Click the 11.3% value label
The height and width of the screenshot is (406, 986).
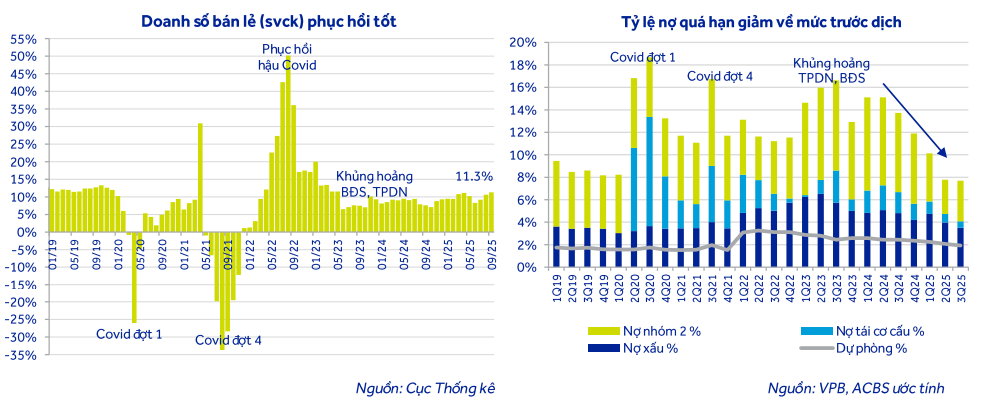473,177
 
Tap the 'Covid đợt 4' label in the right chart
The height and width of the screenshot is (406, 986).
720,76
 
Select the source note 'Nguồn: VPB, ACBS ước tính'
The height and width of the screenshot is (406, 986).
855,388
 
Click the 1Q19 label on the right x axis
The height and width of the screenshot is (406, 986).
557,286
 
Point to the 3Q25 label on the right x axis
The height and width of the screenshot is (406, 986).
961,286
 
